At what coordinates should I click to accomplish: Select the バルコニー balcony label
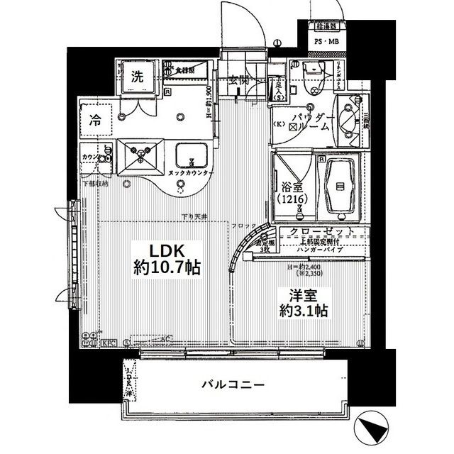point(233,385)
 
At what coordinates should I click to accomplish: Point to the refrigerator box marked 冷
point(94,121)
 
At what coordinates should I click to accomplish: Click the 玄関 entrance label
point(238,80)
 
